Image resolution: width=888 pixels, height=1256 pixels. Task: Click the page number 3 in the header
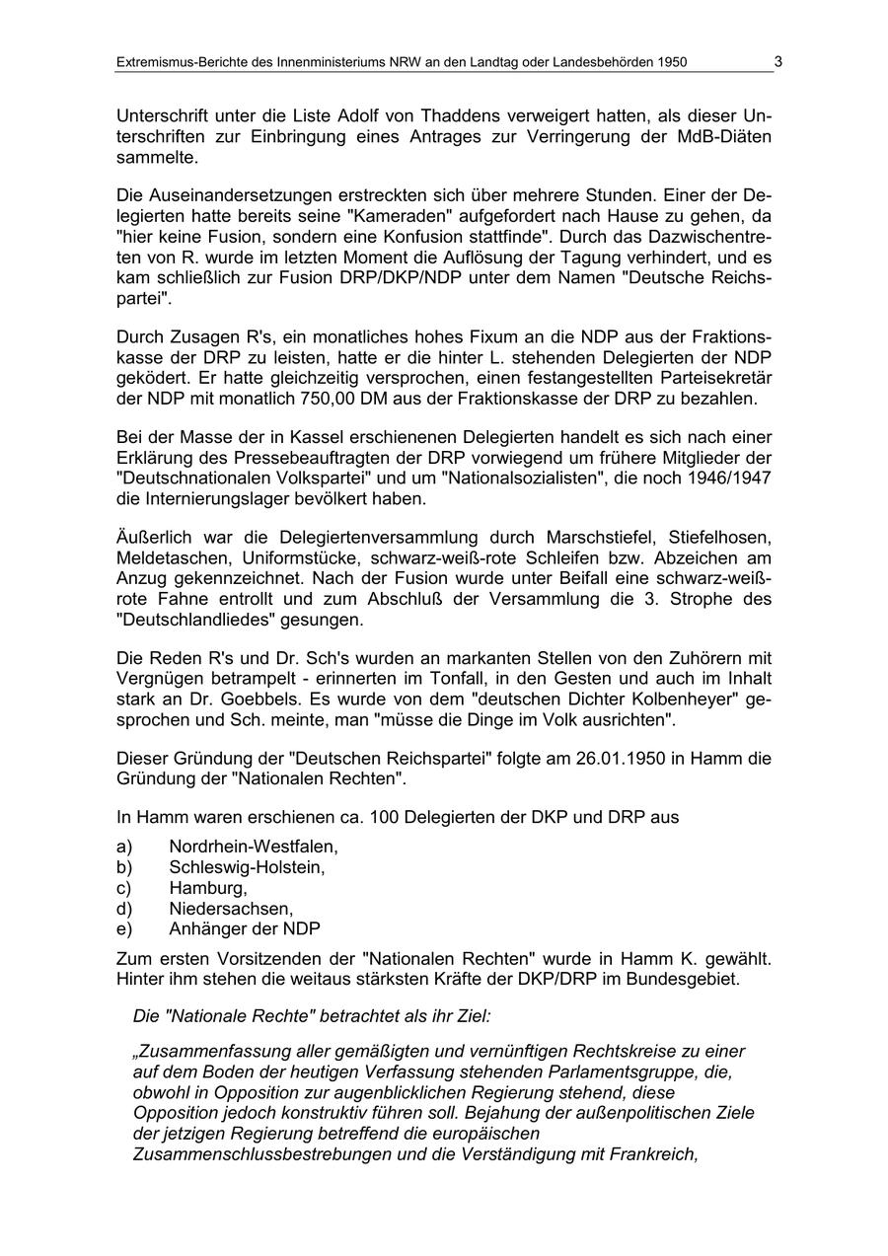pyautogui.click(x=777, y=61)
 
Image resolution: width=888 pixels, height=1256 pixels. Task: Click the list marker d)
pyautogui.click(x=124, y=909)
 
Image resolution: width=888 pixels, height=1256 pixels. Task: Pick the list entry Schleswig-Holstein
pyautogui.click(x=247, y=867)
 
